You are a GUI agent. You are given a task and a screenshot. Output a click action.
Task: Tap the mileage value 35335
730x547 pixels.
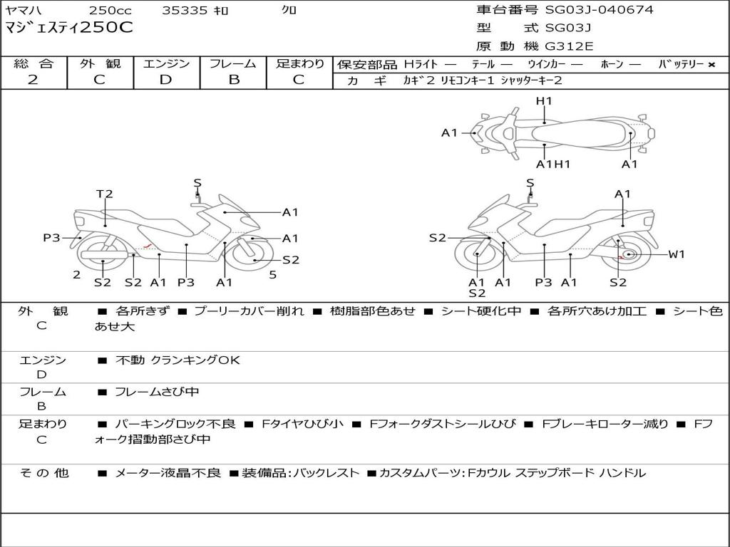coord(185,10)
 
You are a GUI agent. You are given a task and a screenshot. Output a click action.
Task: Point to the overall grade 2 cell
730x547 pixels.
coord(34,80)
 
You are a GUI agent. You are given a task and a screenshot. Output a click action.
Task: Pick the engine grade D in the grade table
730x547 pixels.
coord(166,80)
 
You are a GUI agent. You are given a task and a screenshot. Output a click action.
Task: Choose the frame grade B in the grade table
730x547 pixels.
coord(234,80)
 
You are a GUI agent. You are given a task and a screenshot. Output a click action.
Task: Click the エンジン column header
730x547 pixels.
coord(166,64)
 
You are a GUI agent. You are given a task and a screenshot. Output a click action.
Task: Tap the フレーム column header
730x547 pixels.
coord(233,64)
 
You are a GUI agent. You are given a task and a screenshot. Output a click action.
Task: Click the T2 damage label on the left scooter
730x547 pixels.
coord(105,194)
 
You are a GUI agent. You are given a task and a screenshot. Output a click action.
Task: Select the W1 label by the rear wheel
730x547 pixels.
coord(676,254)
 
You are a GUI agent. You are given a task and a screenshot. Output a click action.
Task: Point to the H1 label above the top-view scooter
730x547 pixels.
coord(544,101)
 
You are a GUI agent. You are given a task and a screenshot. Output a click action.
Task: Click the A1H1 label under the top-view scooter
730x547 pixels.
coord(553,165)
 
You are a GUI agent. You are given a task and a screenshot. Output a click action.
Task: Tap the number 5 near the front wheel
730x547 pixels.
coord(272,274)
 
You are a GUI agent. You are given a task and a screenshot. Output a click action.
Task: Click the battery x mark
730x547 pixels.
coord(711,65)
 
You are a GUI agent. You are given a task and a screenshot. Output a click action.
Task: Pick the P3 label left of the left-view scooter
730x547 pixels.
coord(51,238)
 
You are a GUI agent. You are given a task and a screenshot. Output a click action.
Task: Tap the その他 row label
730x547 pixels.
coord(43,473)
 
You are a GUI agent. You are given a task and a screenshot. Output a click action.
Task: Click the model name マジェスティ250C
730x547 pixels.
coord(69,28)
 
